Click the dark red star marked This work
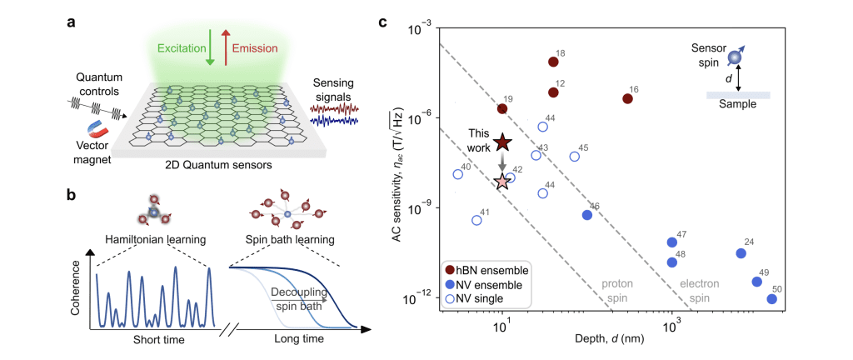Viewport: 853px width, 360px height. (501, 142)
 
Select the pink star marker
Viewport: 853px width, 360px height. (501, 181)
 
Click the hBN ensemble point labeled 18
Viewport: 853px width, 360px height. (553, 62)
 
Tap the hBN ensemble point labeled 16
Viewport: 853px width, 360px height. (627, 98)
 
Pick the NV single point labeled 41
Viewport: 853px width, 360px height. (476, 220)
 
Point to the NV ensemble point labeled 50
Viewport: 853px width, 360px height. (771, 298)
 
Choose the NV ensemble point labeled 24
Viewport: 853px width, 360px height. (741, 253)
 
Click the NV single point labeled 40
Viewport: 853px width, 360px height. (458, 174)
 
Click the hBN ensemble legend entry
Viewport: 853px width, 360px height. (487, 270)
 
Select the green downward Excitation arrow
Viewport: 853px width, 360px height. (210, 45)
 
